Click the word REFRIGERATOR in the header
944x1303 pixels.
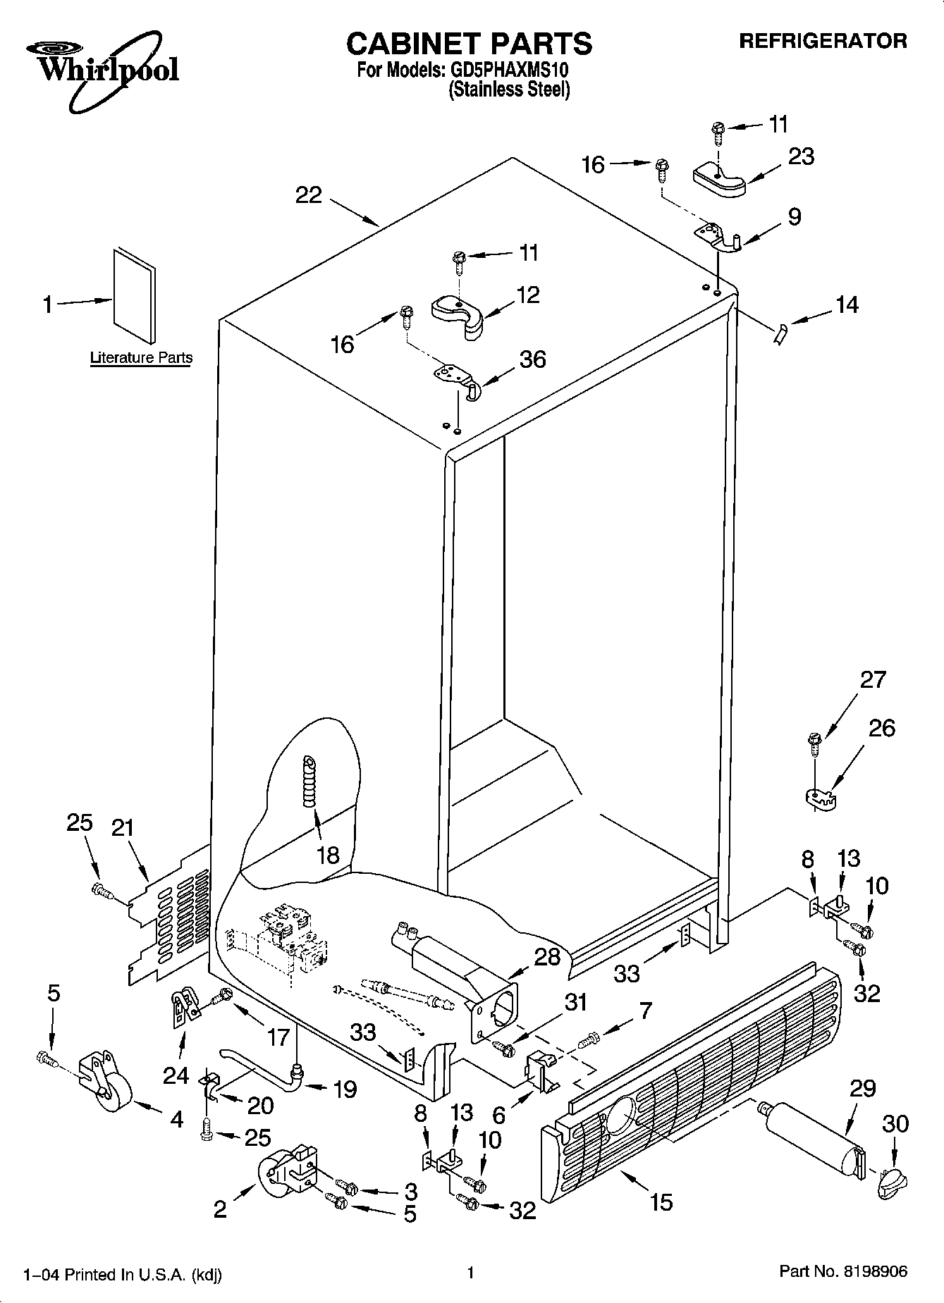click(822, 41)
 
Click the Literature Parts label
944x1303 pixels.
click(141, 357)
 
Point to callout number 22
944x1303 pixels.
click(309, 195)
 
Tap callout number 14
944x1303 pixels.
click(847, 304)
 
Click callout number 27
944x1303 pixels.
click(873, 679)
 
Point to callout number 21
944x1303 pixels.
click(123, 827)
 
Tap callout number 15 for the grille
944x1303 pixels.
click(661, 1202)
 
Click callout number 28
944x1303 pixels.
click(547, 956)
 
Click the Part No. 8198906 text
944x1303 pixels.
click(842, 1271)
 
